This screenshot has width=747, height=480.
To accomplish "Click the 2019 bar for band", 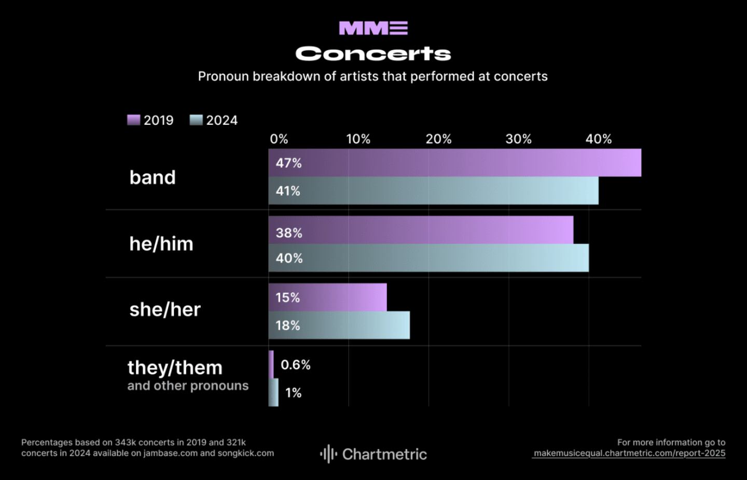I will [454, 163].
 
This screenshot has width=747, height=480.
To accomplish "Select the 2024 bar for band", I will [433, 191].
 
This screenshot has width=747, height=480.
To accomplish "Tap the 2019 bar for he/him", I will [421, 230].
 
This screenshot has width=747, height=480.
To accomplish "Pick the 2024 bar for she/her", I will [339, 326].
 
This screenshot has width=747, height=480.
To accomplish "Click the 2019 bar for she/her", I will [327, 298].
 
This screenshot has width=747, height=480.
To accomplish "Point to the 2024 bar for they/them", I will [273, 392].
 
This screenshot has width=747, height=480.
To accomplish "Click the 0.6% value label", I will [295, 365].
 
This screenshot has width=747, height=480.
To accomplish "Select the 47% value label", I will [288, 163].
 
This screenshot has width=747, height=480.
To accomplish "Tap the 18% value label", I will [288, 326].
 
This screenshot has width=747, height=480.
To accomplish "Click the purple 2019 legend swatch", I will [134, 120].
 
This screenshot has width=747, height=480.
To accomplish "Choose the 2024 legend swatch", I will [196, 120].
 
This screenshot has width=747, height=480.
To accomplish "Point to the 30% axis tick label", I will [518, 139].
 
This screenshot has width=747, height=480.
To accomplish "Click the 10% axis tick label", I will [358, 139].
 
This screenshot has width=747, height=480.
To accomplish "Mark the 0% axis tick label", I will [279, 139].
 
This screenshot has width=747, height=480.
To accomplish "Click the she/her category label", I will [165, 309].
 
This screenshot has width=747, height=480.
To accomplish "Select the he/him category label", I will [161, 244].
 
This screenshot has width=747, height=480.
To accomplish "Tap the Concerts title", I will [373, 53].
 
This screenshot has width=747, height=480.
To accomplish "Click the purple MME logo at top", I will [373, 28].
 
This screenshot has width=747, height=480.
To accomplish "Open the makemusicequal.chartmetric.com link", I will [629, 453].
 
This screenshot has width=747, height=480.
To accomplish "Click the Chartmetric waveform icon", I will [328, 454].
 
